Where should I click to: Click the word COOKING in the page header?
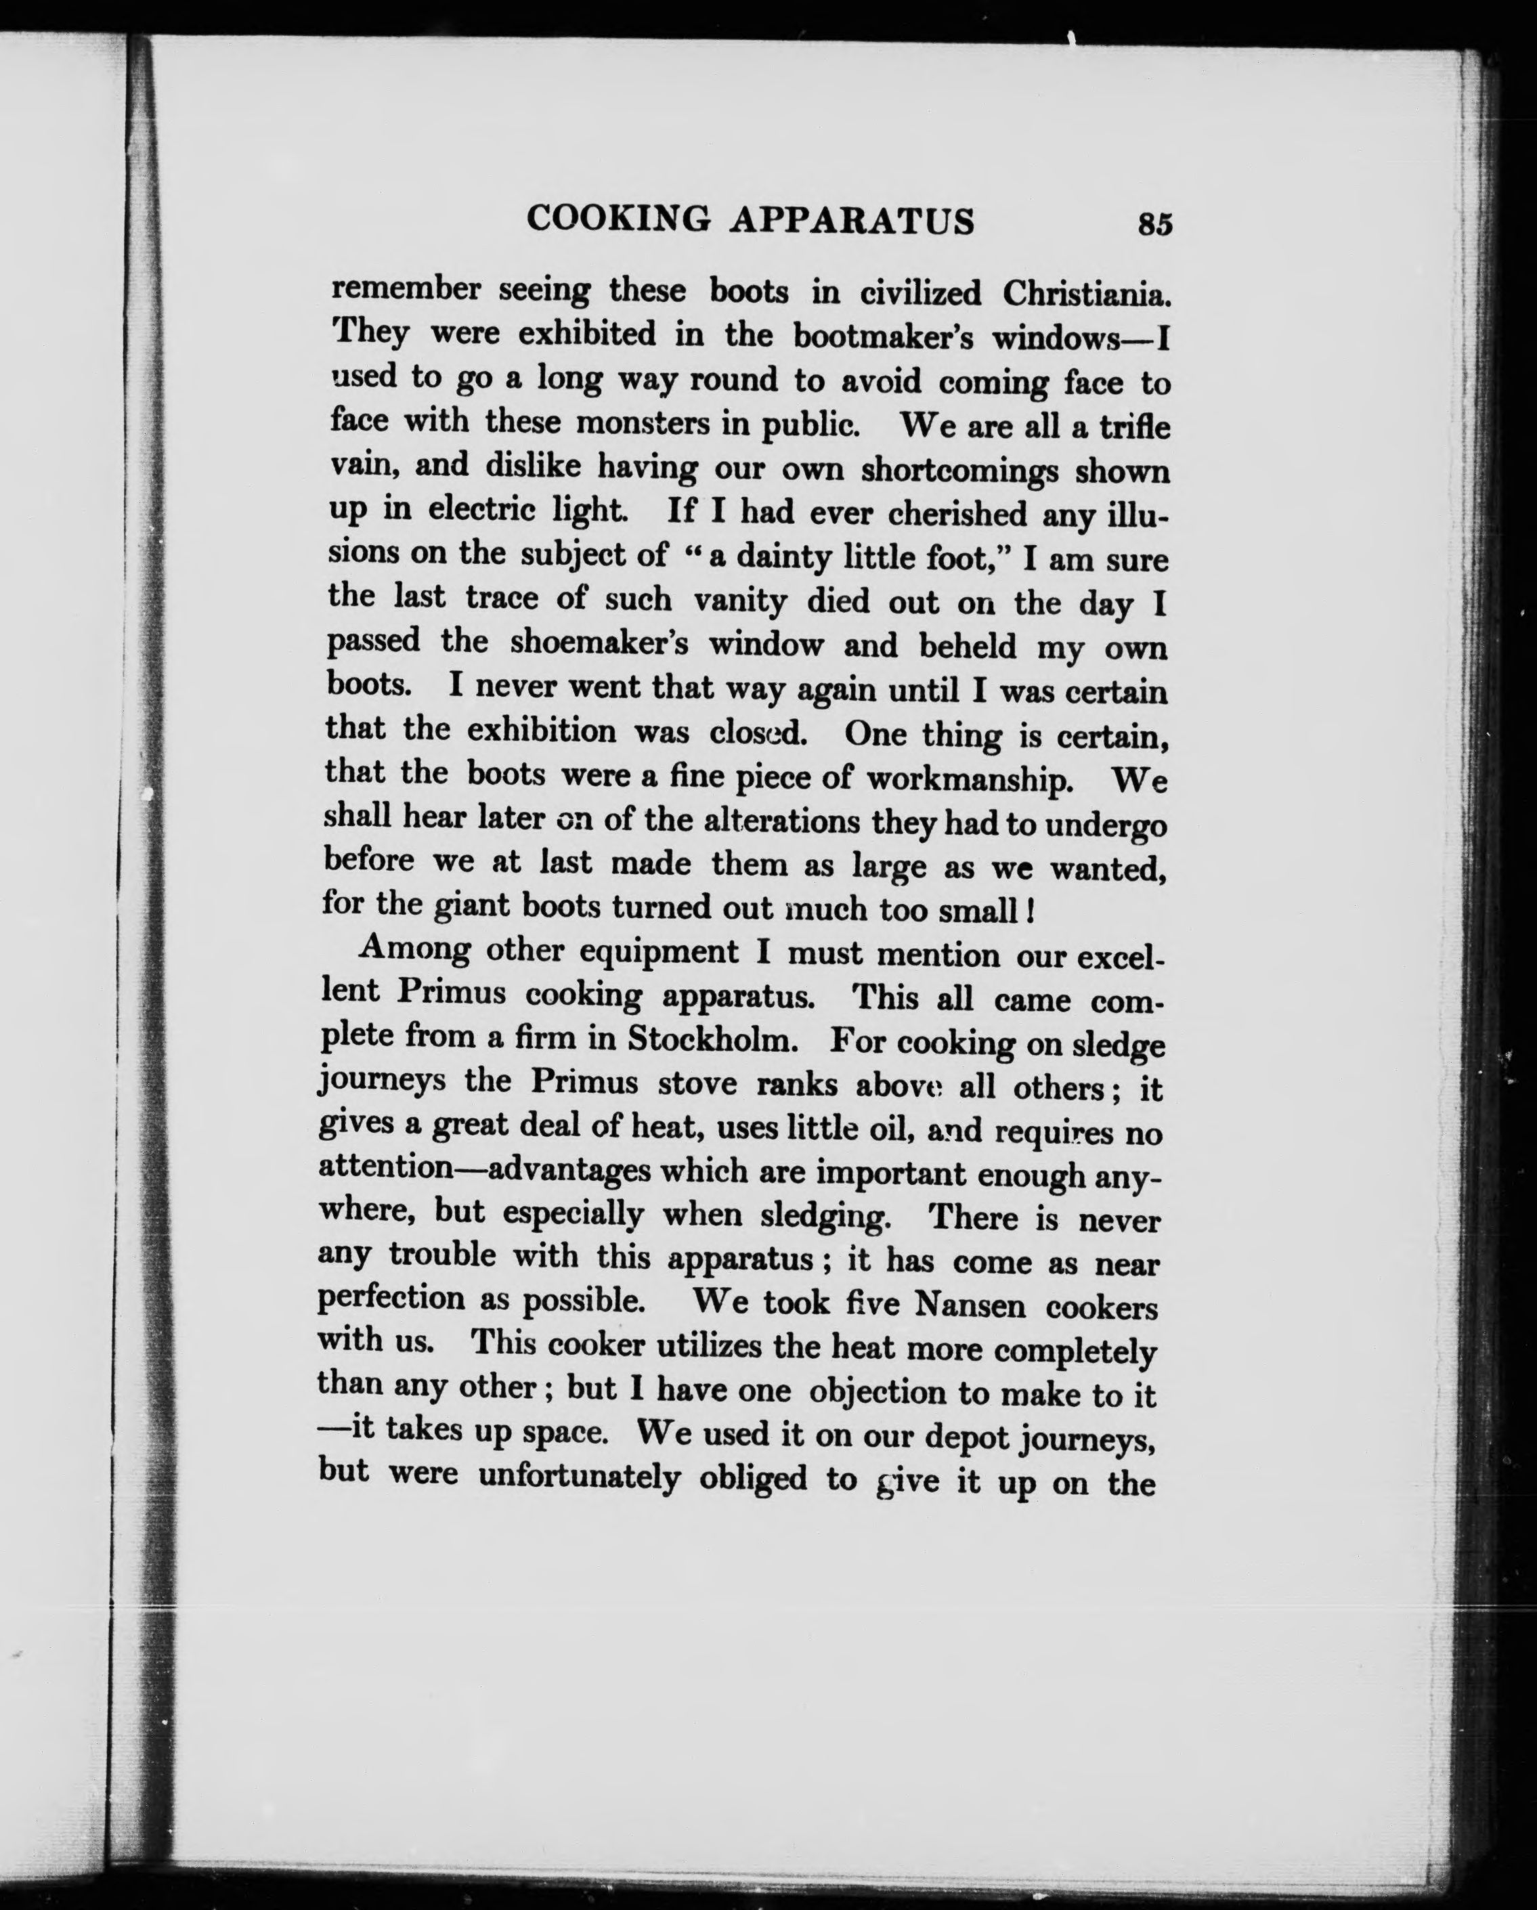(618, 219)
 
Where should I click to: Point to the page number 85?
(1155, 224)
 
